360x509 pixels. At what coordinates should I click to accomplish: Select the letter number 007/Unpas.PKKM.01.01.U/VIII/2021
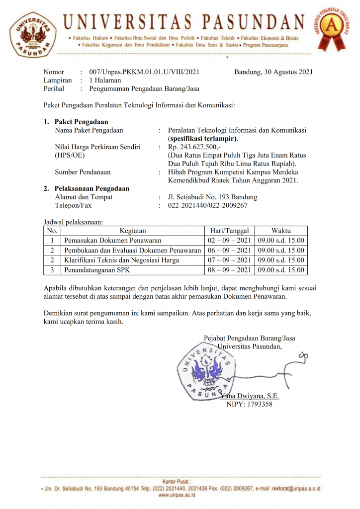coord(144,72)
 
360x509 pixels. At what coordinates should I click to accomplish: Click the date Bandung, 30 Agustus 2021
coord(273,72)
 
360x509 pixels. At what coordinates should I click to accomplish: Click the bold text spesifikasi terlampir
coord(203,138)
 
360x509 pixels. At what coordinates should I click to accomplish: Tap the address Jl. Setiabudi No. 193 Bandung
coord(212,197)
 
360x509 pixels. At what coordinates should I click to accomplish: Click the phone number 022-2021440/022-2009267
coord(207,205)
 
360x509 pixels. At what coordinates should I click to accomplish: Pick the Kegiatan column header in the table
coord(133,231)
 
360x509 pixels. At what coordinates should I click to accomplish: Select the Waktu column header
coord(281,231)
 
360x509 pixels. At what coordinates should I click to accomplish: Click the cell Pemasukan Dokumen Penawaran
coord(113,241)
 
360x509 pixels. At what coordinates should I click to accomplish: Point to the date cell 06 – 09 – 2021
coord(229,251)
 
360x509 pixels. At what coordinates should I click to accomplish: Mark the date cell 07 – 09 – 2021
coord(229,260)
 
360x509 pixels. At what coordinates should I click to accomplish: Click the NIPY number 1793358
coord(249,404)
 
